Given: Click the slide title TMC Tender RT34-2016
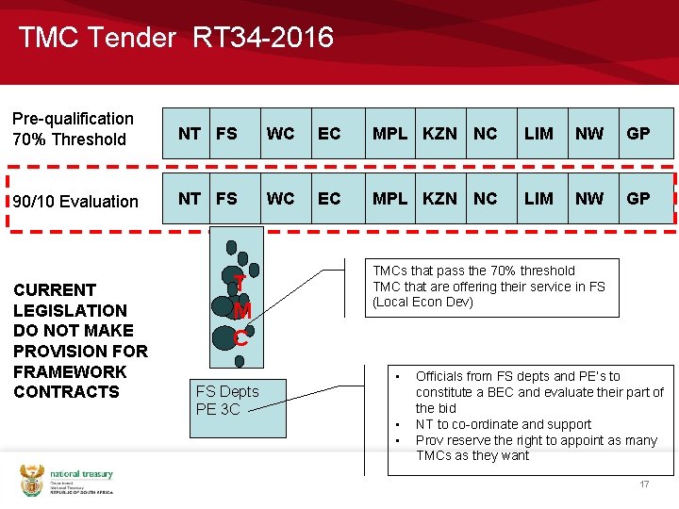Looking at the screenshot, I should [175, 38].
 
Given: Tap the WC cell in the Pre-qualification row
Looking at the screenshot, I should [280, 133].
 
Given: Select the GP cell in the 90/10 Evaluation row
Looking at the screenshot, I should [638, 199].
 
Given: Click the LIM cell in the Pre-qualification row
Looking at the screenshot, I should [538, 133].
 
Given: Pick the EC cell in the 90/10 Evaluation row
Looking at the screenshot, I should [329, 199].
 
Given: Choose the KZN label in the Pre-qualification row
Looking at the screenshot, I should [440, 133].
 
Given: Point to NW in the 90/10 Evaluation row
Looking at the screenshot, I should [589, 199].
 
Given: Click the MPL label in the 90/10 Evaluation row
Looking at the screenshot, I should [390, 199].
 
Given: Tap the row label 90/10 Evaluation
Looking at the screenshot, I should [75, 201].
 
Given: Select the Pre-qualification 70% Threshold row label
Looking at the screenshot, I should [73, 129].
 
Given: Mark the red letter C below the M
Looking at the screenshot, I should [240, 337].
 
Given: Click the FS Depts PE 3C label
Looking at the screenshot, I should [226, 400].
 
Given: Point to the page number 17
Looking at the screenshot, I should [644, 484].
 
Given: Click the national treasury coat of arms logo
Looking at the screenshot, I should [32, 481].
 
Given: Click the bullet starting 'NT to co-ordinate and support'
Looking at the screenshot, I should [504, 424].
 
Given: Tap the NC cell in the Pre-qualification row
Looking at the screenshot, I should [485, 133].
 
